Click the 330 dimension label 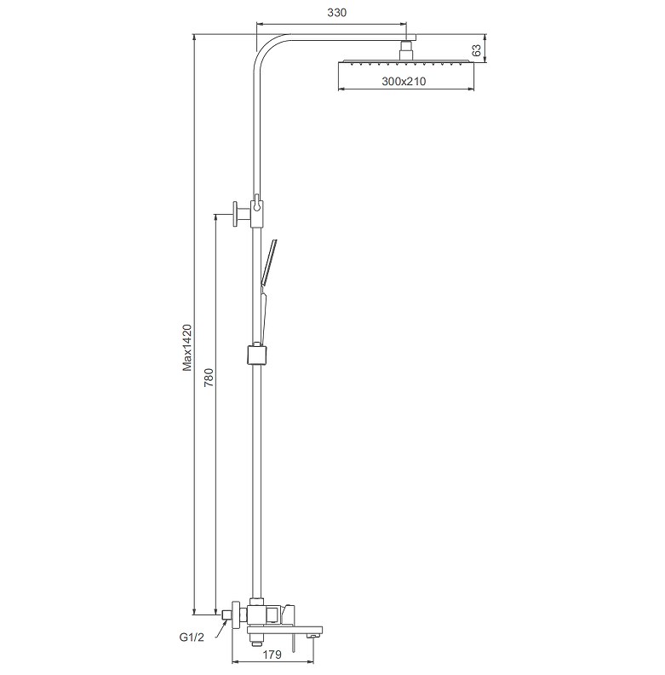[336, 13]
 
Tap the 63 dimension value [477, 50]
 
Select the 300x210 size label [404, 81]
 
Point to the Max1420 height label [187, 348]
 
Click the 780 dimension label [209, 377]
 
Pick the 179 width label [272, 655]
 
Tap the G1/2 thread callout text [192, 637]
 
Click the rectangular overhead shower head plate [406, 62]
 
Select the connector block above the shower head [406, 50]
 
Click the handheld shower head [268, 262]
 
